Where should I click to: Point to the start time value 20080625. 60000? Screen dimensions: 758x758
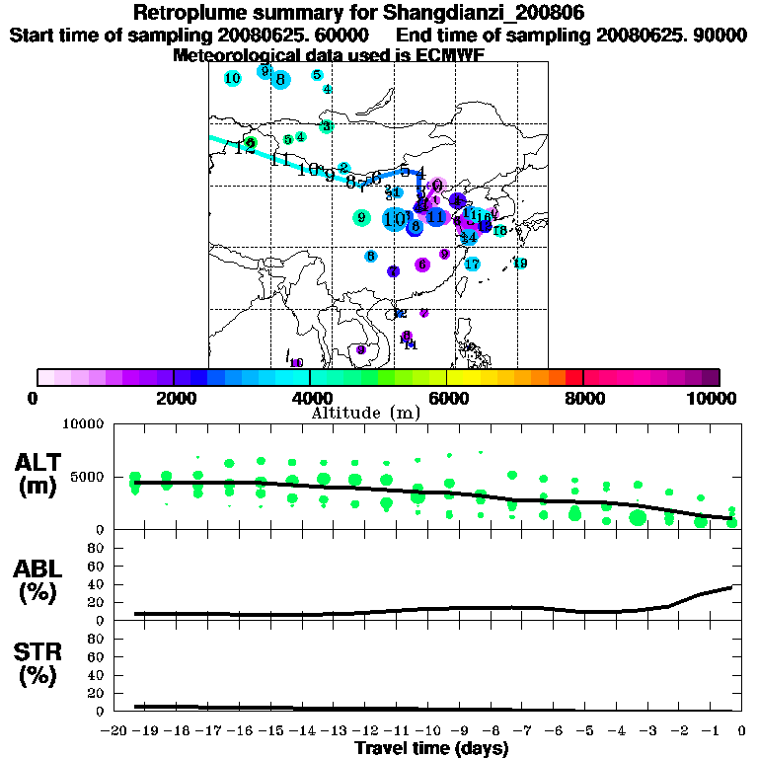point(300,35)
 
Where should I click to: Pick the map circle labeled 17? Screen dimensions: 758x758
point(472,264)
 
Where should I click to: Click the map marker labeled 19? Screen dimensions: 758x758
point(519,264)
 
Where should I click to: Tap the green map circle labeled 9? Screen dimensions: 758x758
point(361,218)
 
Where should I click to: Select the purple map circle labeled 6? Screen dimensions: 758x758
point(422,265)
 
